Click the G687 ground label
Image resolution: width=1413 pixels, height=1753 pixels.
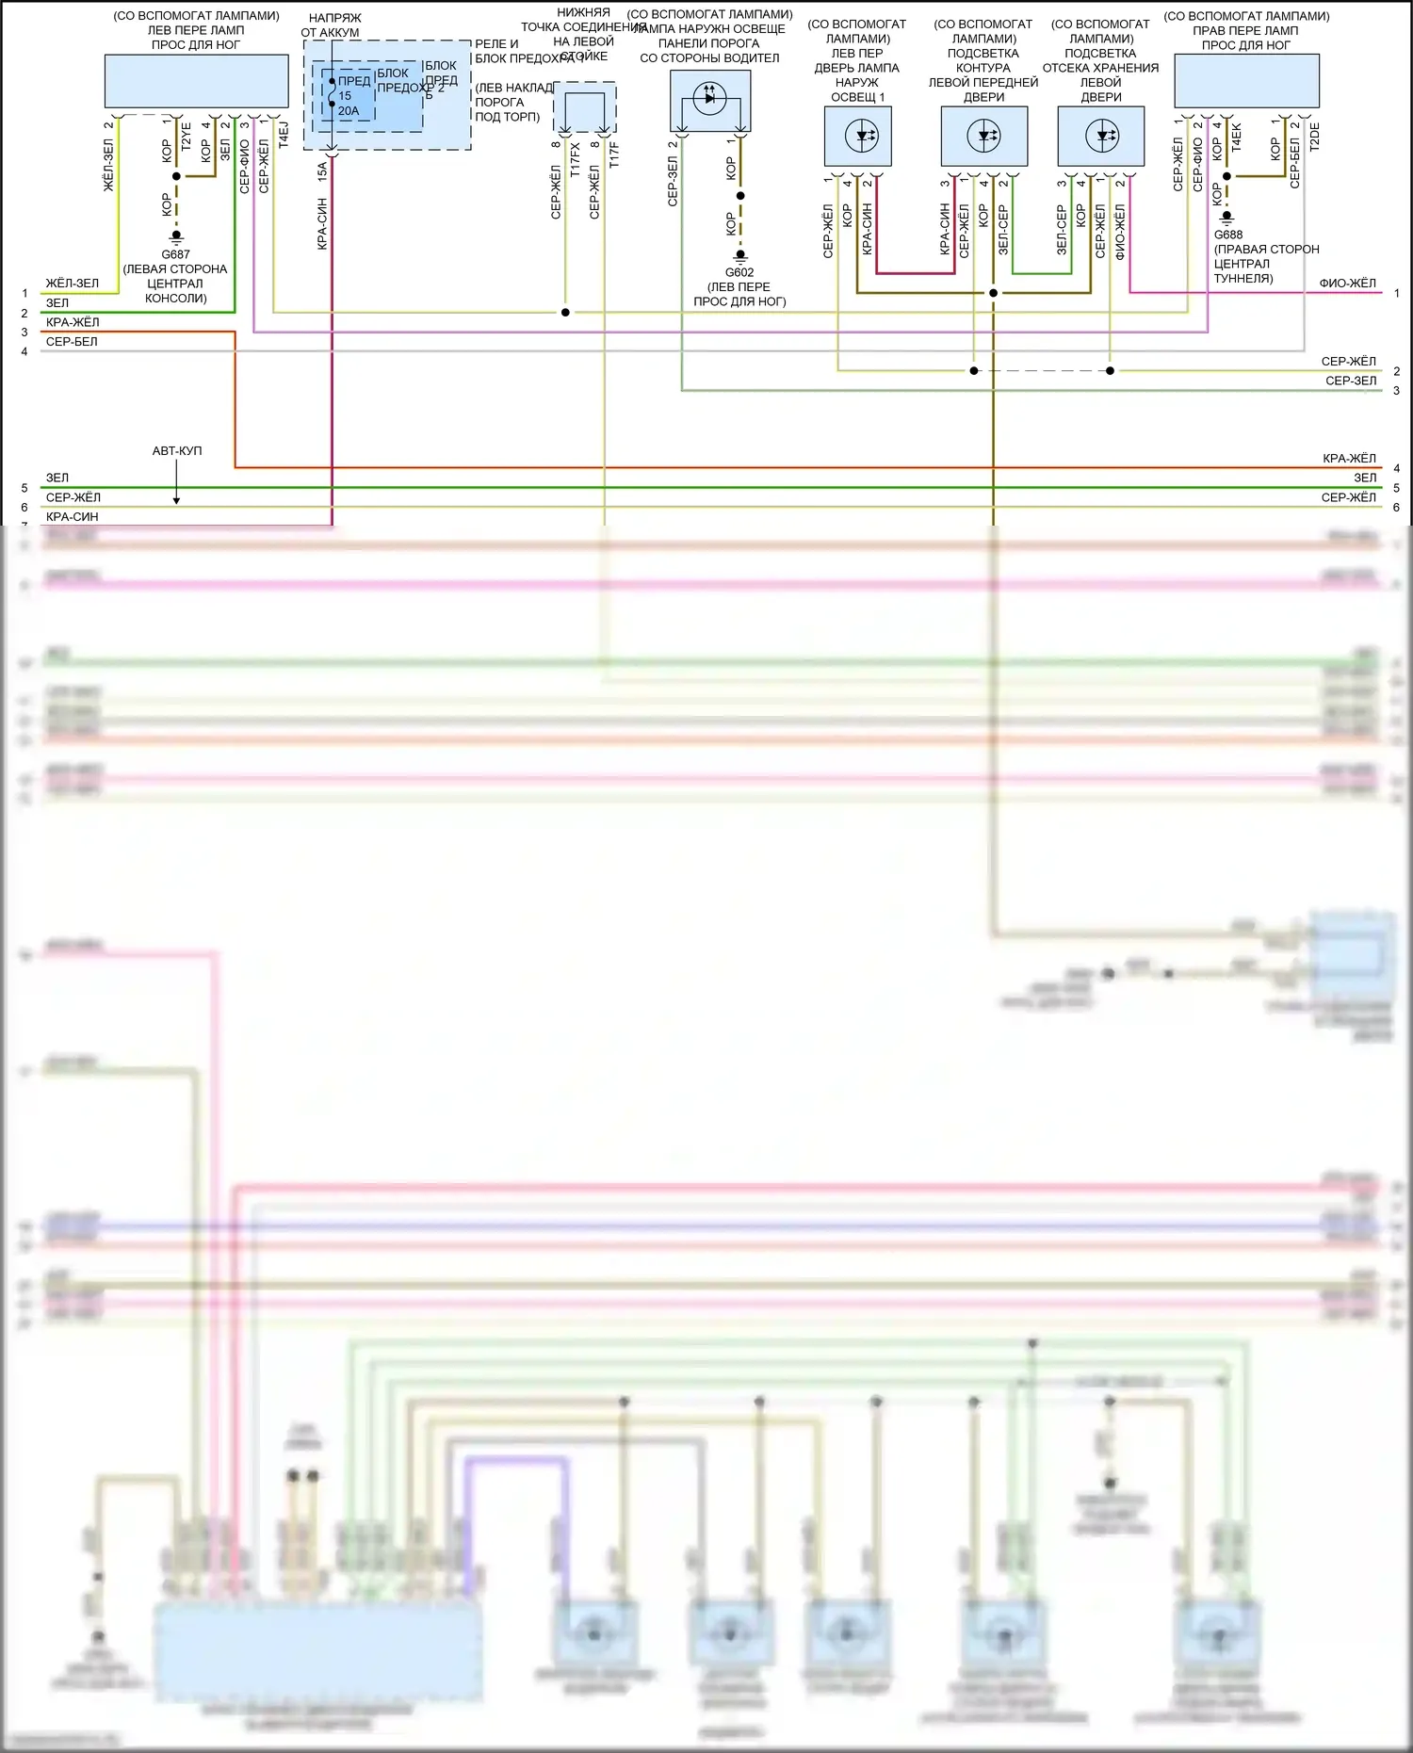tap(175, 254)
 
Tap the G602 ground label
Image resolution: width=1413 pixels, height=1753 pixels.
tap(739, 272)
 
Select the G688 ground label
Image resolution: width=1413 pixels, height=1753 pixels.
tap(1227, 235)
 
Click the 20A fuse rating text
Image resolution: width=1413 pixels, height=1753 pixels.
tap(348, 111)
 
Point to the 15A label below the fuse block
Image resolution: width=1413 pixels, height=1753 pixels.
tap(322, 170)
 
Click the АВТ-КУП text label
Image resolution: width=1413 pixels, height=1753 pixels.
tap(176, 451)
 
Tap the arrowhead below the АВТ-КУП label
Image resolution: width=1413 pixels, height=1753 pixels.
tap(176, 499)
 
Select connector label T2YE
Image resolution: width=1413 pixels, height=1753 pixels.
tap(186, 137)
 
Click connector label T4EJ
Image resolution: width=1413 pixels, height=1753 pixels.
tap(284, 135)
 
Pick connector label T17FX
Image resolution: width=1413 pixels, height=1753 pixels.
tap(576, 154)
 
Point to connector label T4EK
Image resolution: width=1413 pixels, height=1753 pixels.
tap(1236, 137)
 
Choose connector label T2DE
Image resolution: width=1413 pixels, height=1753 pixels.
tap(1315, 137)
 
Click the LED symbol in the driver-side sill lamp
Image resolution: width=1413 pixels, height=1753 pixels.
tap(710, 97)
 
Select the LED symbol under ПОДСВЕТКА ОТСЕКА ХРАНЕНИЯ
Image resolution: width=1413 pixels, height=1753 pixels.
tap(1101, 136)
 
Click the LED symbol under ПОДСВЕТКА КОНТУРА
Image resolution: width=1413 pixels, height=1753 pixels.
tap(984, 136)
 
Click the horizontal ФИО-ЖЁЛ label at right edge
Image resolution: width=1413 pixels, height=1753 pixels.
tap(1347, 283)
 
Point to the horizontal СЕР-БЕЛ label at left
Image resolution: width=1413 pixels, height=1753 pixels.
tap(72, 342)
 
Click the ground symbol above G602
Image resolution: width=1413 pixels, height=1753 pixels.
tap(739, 256)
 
